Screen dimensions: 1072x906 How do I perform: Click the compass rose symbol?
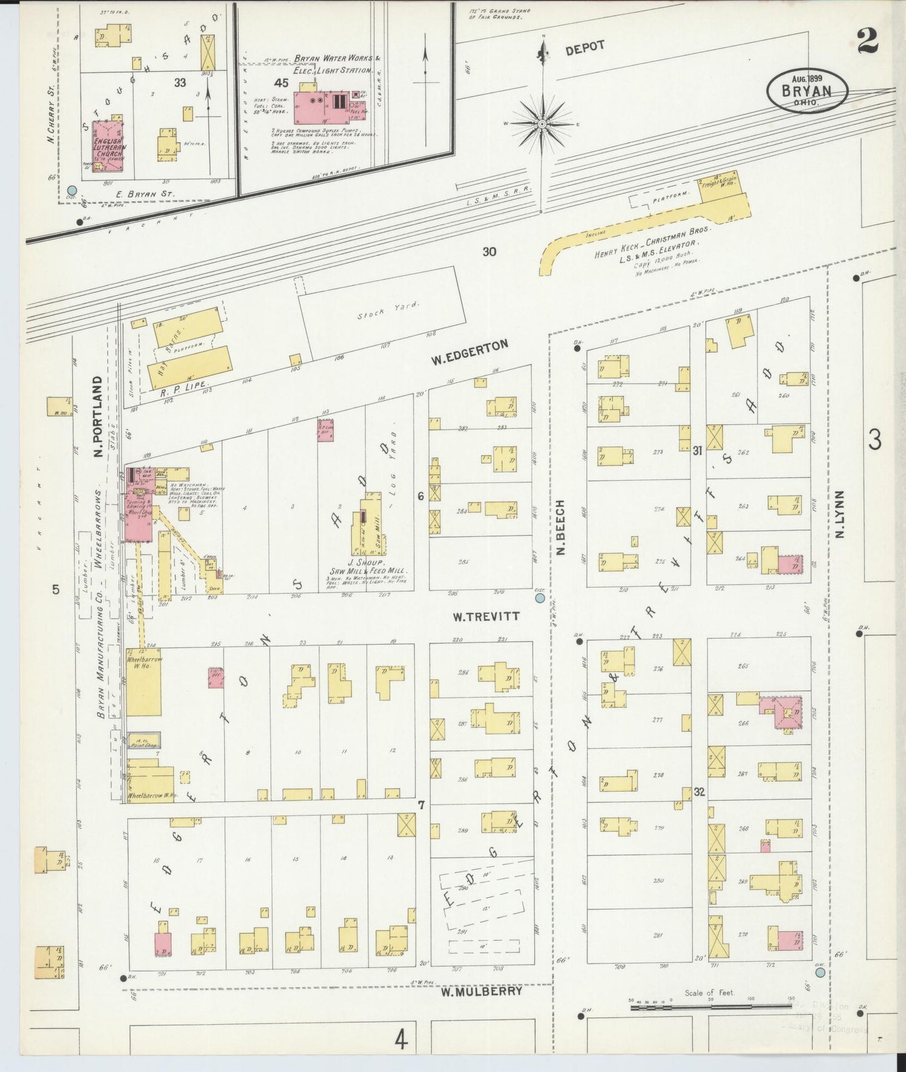tap(542, 124)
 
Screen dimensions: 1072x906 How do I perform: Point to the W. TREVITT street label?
tap(487, 616)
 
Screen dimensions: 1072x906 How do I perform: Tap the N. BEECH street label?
tap(561, 527)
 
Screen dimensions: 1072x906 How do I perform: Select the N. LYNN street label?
tap(840, 514)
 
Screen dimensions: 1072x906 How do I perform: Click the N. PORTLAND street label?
tap(98, 417)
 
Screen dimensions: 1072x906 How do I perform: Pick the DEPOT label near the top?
tap(585, 48)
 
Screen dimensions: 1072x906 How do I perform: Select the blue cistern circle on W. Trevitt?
tap(540, 599)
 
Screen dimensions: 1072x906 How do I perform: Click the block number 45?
tap(281, 83)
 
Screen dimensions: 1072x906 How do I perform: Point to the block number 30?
tap(489, 251)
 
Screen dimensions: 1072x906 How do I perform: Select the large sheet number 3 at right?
tap(875, 440)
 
